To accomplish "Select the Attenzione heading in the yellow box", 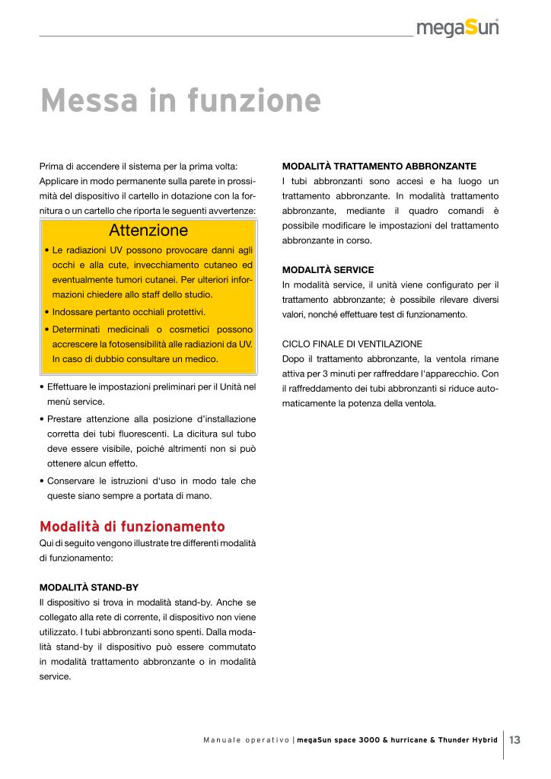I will pyautogui.click(x=148, y=230).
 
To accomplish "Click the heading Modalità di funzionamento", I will pyautogui.click(x=132, y=526).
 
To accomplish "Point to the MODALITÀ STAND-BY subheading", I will pyautogui.click(x=88, y=587).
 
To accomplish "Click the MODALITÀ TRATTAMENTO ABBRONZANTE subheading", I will pyautogui.click(x=379, y=166).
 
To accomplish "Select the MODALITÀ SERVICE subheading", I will pyautogui.click(x=328, y=269).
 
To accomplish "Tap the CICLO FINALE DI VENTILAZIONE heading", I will pyautogui.click(x=352, y=343).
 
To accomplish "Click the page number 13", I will pyautogui.click(x=515, y=739).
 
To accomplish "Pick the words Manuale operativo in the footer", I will pyautogui.click(x=247, y=739).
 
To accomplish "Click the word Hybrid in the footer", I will pyautogui.click(x=481, y=739).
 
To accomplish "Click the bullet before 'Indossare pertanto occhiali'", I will pyautogui.click(x=47, y=312).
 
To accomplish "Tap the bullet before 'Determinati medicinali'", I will pyautogui.click(x=47, y=329).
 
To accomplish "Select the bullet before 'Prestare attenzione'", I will pyautogui.click(x=41, y=419).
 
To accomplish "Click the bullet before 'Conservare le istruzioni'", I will pyautogui.click(x=41, y=481).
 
